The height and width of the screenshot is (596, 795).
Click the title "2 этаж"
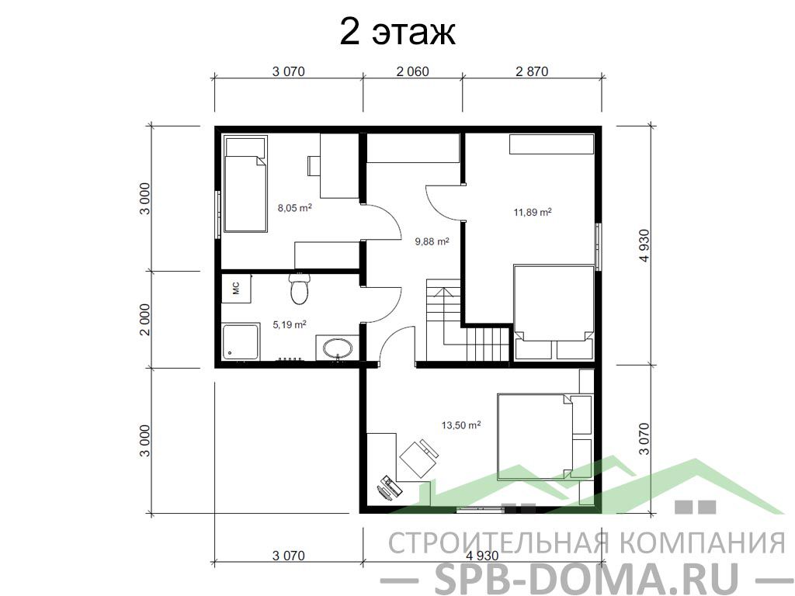(x=397, y=33)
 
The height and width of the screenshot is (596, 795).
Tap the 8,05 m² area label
(x=294, y=208)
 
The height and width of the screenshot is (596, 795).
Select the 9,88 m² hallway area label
(x=432, y=242)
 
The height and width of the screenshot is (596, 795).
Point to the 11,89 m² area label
(x=533, y=212)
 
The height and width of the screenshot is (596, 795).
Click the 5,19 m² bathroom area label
(x=290, y=324)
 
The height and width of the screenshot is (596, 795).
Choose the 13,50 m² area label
(x=461, y=424)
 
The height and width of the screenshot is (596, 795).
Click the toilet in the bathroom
(x=299, y=289)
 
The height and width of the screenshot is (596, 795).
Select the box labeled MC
(x=236, y=289)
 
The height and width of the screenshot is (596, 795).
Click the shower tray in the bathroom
(x=241, y=342)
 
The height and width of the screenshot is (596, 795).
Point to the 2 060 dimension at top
(x=412, y=71)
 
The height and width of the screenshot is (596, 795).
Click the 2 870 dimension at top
(x=532, y=71)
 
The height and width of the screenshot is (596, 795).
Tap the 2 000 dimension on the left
(x=145, y=319)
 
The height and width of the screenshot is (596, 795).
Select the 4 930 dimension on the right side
(x=644, y=245)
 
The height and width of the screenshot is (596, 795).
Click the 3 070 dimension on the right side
(x=644, y=439)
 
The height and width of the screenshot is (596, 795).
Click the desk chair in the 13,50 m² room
(x=418, y=458)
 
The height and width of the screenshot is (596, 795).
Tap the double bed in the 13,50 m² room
(x=535, y=433)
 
